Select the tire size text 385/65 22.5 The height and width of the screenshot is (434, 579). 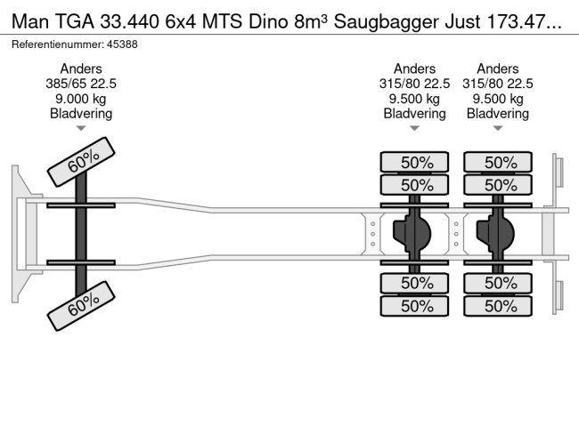(81, 84)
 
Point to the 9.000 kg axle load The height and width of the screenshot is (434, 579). (81, 99)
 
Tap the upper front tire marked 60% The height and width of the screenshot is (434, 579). (81, 162)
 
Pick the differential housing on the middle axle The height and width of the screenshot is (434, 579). (412, 233)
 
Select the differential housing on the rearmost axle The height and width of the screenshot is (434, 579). (496, 233)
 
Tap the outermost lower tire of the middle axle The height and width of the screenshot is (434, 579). (413, 305)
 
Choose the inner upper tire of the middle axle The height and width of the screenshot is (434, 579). (413, 185)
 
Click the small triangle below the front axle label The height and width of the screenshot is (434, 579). (81, 128)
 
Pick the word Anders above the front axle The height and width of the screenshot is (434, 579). (81, 68)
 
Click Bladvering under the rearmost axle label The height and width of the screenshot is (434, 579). (497, 114)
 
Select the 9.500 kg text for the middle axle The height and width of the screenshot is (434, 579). (414, 99)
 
